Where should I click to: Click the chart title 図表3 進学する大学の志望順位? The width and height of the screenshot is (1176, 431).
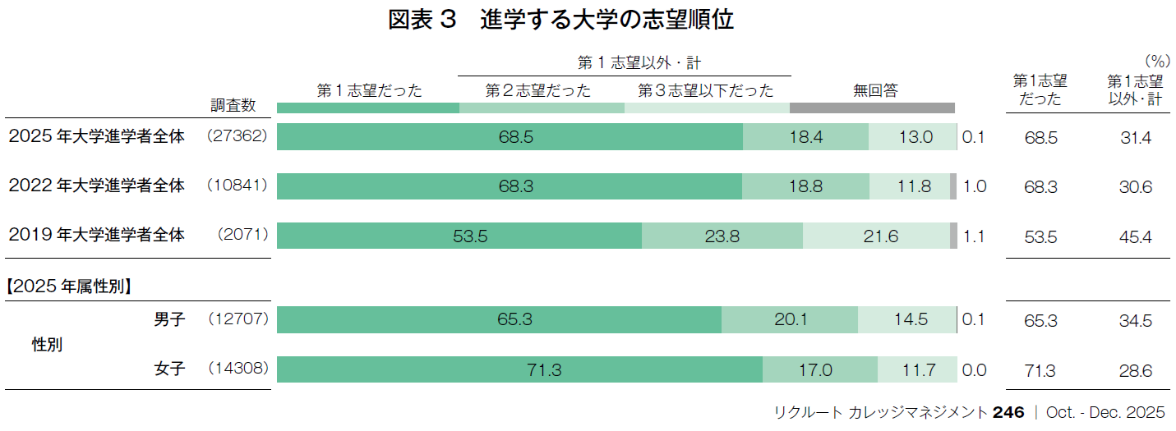(561, 21)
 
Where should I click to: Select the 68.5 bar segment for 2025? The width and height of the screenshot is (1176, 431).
(510, 137)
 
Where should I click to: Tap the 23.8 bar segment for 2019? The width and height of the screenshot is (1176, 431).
(722, 236)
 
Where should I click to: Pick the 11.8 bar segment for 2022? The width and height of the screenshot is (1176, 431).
(910, 186)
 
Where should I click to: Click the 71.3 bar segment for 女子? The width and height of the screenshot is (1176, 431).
(519, 370)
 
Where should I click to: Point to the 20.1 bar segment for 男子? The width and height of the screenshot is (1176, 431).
(790, 320)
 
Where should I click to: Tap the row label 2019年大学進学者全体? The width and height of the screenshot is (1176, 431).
(97, 235)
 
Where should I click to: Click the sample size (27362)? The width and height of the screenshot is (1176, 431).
(238, 136)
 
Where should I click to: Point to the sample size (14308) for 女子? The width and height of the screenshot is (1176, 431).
(238, 369)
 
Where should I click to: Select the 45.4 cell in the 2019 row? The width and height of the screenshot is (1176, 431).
(1135, 237)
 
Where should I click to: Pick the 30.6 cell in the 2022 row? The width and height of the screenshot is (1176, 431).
(1135, 187)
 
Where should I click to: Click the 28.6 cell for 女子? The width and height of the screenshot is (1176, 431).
(1135, 371)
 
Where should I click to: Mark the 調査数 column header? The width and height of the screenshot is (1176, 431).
(233, 105)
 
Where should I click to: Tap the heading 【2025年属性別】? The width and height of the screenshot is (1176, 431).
(70, 287)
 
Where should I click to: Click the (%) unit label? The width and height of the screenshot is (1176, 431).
(1156, 61)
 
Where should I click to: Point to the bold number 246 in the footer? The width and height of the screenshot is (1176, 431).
(1008, 412)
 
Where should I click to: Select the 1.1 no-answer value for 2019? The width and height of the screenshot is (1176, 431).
(974, 237)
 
